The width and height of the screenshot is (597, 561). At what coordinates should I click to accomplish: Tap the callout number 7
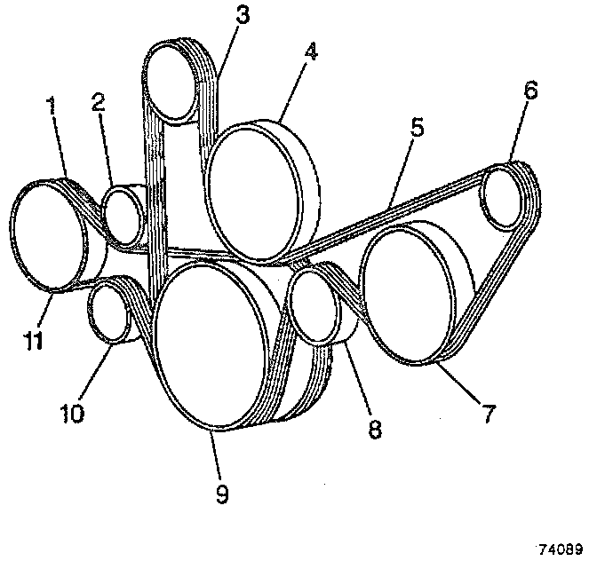coord(488,412)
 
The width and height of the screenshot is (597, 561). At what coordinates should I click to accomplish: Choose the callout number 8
coord(375,429)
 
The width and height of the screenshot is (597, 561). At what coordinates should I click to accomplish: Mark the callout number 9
coord(221,494)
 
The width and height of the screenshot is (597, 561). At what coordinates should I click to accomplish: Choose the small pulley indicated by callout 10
coord(108,312)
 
